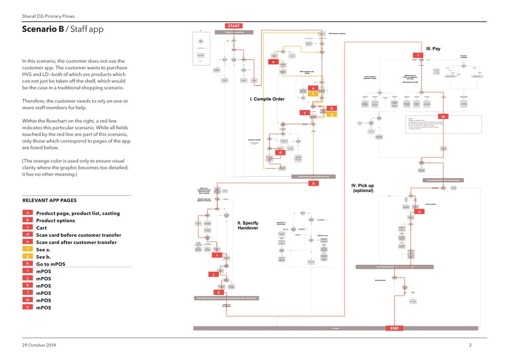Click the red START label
click(234, 26)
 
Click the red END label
click(394, 328)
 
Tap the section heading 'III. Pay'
click(433, 49)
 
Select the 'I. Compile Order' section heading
click(267, 99)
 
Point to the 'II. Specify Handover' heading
click(248, 226)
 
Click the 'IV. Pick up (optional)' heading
click(363, 188)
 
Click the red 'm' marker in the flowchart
click(444, 117)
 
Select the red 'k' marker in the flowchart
click(219, 292)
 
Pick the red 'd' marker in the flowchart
click(280, 152)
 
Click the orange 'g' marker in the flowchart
click(331, 115)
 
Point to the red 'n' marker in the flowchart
click(419, 211)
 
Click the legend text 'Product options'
click(55, 220)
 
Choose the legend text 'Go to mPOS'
click(51, 264)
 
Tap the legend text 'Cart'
click(41, 228)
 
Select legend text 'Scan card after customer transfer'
click(76, 242)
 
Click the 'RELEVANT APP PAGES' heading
click(50, 201)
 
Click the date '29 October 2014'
click(39, 346)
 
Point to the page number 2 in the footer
click(470, 346)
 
